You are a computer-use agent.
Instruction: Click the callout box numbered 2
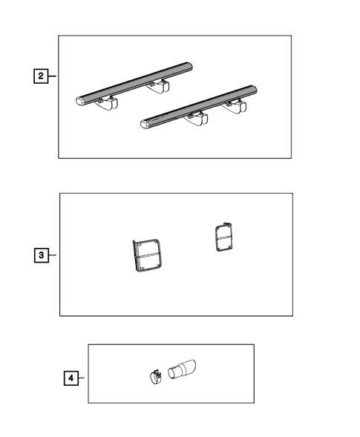pos(41,76)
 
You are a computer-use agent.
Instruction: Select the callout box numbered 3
pos(42,255)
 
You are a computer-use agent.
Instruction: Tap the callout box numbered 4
pos(71,378)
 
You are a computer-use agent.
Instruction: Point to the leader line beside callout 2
pos(52,76)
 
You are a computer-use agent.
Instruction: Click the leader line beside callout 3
pos(53,255)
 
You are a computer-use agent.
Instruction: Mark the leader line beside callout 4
pos(82,378)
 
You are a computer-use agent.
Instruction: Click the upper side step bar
pos(134,84)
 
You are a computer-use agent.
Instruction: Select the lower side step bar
pos(198,107)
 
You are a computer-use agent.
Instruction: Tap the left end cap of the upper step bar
pos(80,101)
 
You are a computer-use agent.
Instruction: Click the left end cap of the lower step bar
pos(145,125)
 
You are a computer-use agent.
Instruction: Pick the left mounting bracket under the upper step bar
pos(107,103)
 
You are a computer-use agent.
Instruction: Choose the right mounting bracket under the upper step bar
pos(158,86)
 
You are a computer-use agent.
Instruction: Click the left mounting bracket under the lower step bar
pos(196,119)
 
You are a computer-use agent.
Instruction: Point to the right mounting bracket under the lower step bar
pos(235,108)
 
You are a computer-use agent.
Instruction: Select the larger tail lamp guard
pos(147,255)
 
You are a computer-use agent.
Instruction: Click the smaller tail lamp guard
pos(224,237)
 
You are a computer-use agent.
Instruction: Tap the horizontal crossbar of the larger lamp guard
pos(147,255)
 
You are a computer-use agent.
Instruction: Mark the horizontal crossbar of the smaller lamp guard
pos(224,237)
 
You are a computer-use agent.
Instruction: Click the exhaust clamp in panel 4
pos(156,377)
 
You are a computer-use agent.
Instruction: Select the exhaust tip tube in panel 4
pos(182,369)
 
